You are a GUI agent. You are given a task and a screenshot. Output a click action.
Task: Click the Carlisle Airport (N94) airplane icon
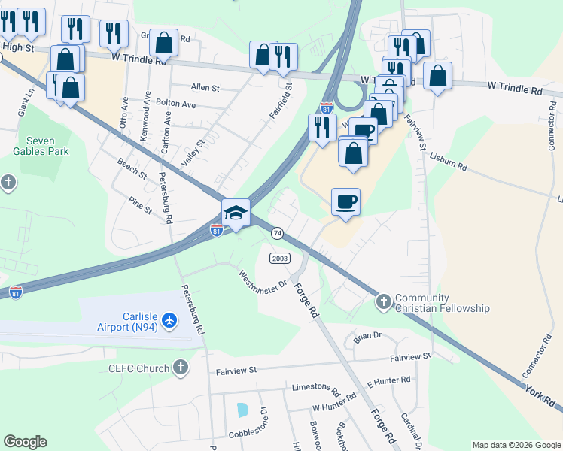click(169, 321)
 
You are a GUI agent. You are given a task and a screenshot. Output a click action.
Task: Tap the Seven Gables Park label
click(47, 146)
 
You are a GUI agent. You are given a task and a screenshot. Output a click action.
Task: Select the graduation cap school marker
click(236, 213)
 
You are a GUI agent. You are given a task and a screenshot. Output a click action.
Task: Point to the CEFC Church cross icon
click(180, 367)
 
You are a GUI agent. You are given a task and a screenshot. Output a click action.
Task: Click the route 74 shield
click(277, 233)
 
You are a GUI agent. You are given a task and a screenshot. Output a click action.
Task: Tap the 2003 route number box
click(279, 258)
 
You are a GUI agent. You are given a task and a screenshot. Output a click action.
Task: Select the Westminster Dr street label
click(263, 280)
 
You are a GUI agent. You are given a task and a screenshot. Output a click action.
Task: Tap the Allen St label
click(205, 88)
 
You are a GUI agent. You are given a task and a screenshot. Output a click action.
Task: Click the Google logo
click(25, 442)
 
